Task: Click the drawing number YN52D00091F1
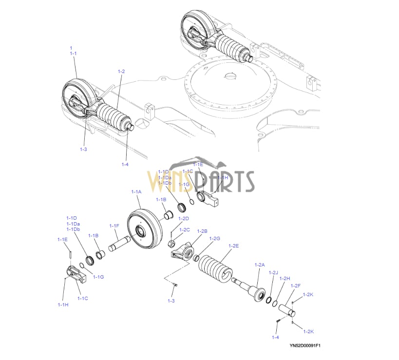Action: (x=304, y=346)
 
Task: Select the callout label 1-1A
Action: (x=136, y=192)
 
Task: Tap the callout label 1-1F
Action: (x=114, y=226)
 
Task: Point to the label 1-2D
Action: (x=184, y=218)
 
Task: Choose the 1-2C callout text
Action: (x=184, y=229)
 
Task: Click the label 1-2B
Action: (x=202, y=230)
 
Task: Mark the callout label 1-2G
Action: (x=215, y=238)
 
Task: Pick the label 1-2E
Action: (x=234, y=246)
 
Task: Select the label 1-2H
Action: (x=285, y=278)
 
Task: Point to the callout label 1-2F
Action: (x=295, y=285)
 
